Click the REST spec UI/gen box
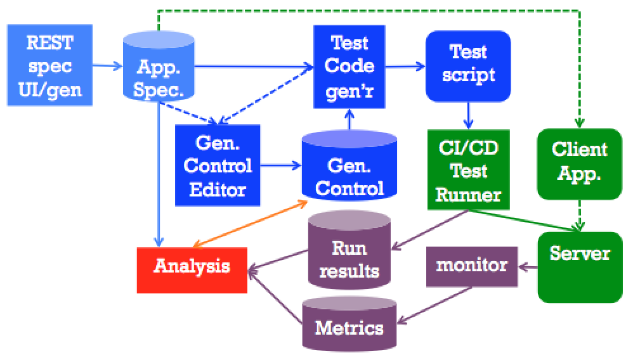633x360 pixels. (x=49, y=65)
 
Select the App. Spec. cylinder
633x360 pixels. (x=158, y=67)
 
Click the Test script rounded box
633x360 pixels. (x=468, y=65)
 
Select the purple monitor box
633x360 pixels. (x=471, y=265)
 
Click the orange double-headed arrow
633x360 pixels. (x=251, y=224)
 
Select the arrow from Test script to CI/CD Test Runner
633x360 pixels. (x=468, y=115)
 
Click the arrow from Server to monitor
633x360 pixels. (x=528, y=267)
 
